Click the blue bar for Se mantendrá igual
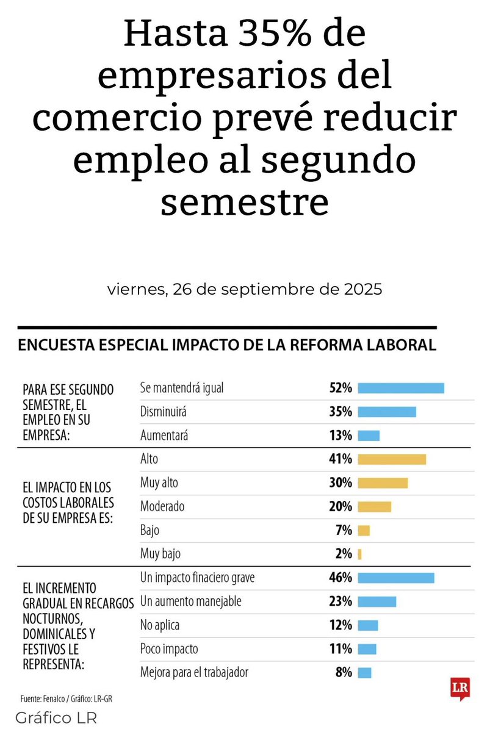pos(401,388)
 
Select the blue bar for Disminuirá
pos(387,412)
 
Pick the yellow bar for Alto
pos(392,459)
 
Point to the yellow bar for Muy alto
pos(383,483)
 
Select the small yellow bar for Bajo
pos(364,530)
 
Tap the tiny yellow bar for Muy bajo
pos(360,554)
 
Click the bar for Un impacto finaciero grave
pos(396,578)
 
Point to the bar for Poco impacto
pos(367,649)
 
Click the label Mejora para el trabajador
pos(194,673)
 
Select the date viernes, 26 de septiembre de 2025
pos(245,290)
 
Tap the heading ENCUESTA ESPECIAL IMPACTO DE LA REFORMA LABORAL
pos(227,345)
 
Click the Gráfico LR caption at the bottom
pos(56,717)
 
